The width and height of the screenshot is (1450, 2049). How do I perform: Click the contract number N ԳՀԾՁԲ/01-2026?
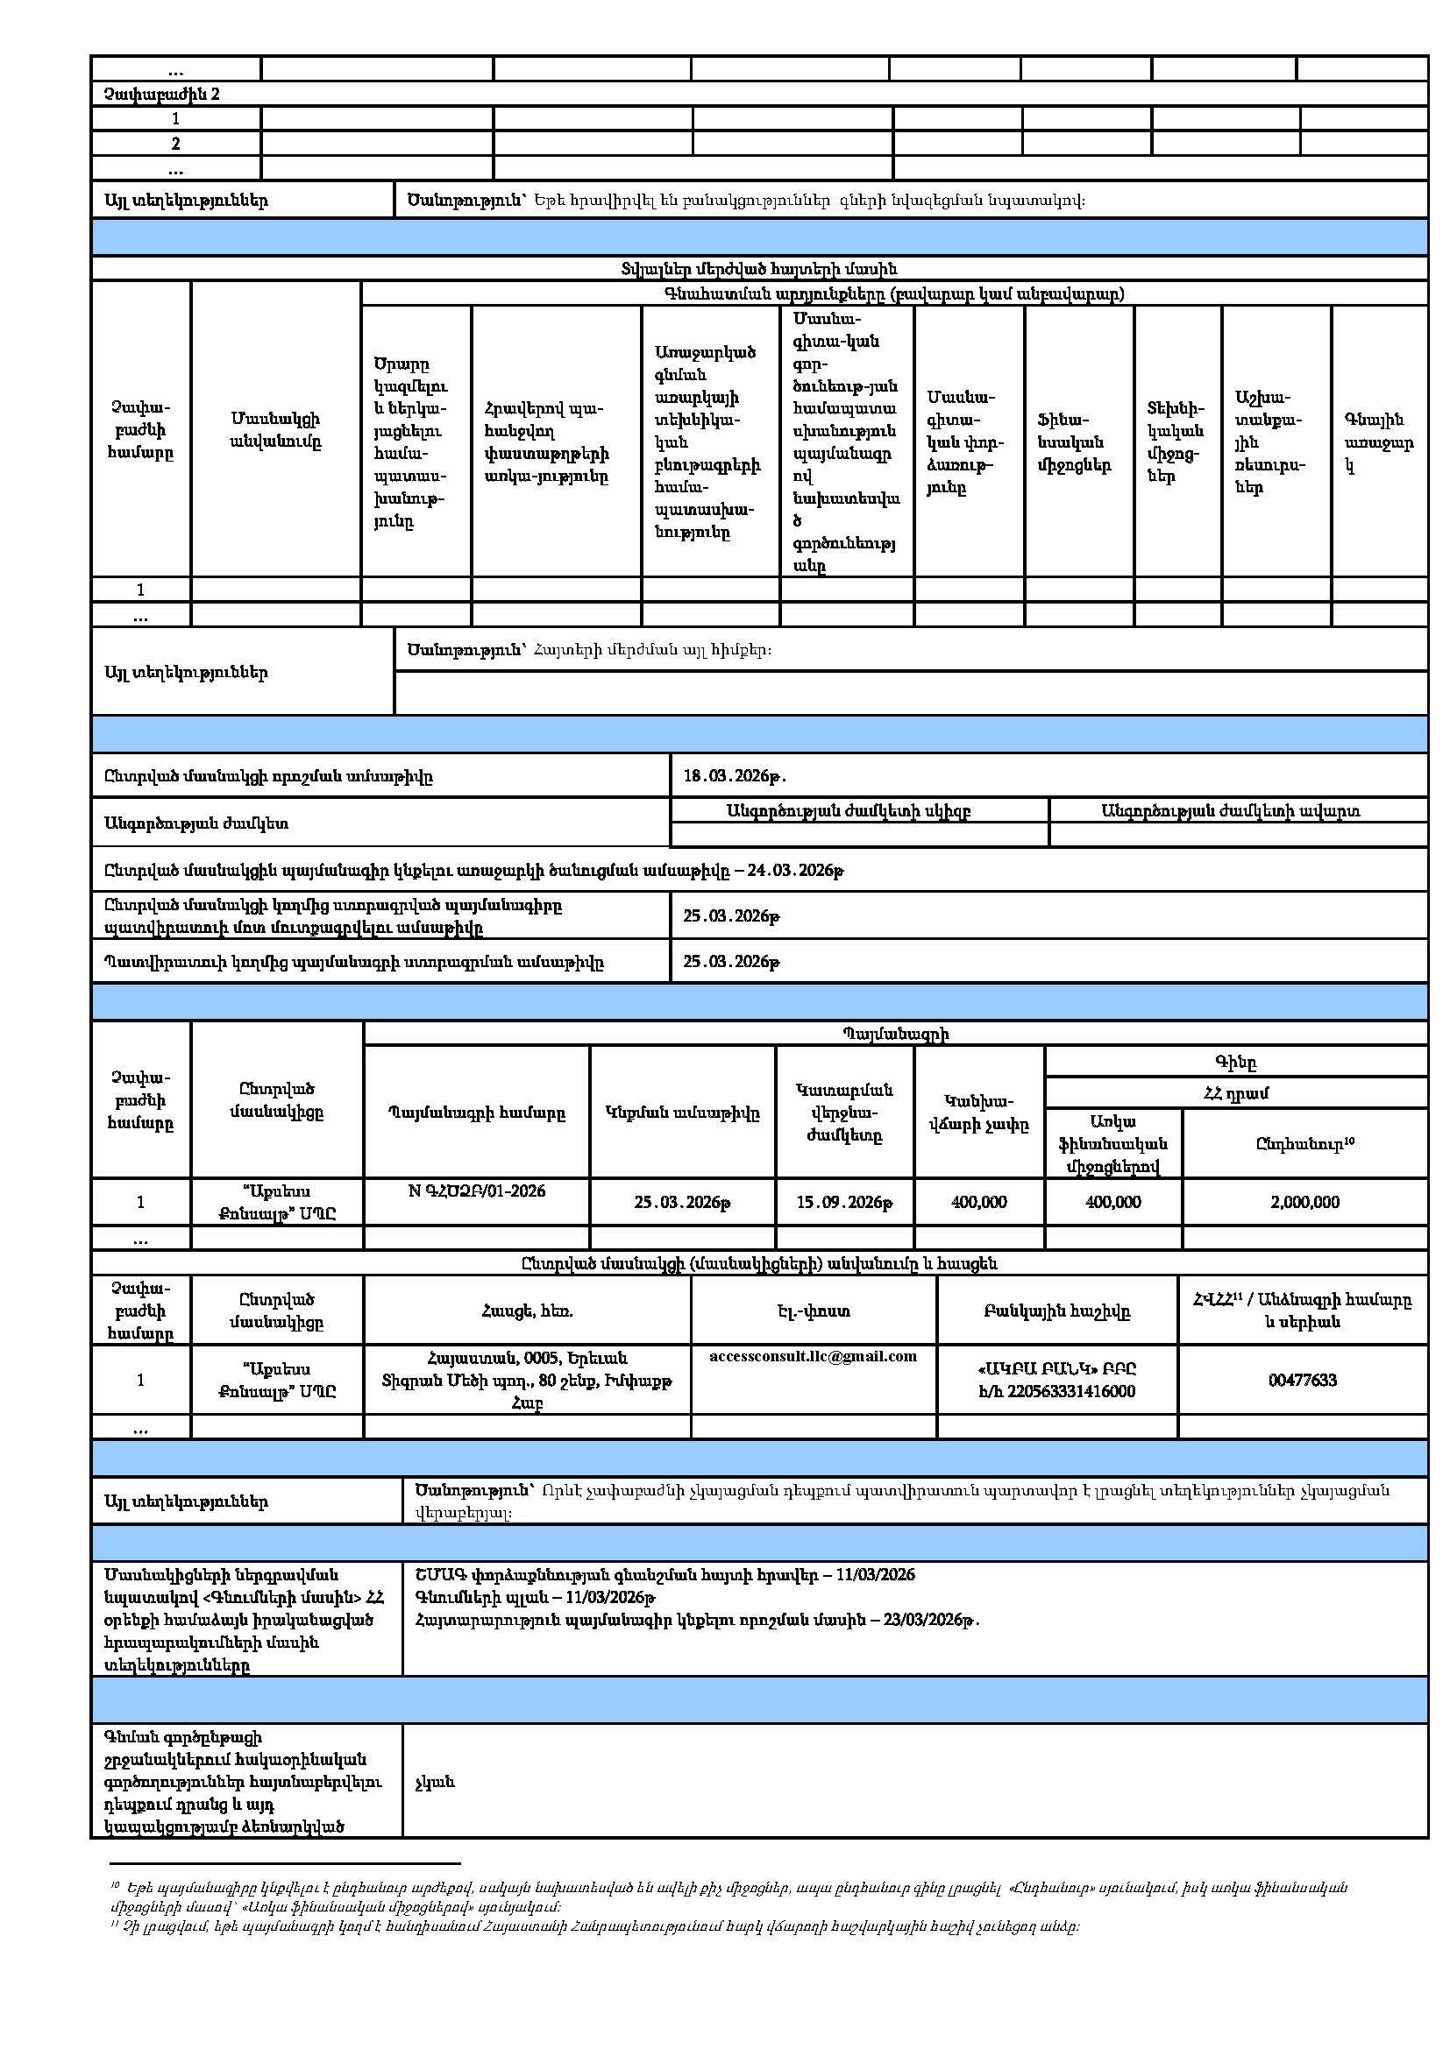pyautogui.click(x=477, y=1191)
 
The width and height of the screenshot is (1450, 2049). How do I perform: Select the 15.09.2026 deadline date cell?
pyautogui.click(x=843, y=1202)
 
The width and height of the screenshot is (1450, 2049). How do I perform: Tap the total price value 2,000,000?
pyautogui.click(x=1304, y=1202)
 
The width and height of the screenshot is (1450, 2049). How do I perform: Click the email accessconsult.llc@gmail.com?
pyautogui.click(x=813, y=1356)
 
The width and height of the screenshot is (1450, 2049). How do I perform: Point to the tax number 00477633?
pyautogui.click(x=1302, y=1381)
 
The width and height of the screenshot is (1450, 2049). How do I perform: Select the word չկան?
pyautogui.click(x=435, y=1782)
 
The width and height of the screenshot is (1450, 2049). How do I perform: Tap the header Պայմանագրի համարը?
pyautogui.click(x=477, y=1113)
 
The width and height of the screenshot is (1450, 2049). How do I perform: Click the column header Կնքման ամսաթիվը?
pyautogui.click(x=682, y=1113)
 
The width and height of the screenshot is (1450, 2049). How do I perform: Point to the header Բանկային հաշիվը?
pyautogui.click(x=1057, y=1311)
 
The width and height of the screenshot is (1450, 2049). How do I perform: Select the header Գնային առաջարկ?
pyautogui.click(x=1378, y=442)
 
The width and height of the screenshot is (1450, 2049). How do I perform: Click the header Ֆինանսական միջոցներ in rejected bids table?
pyautogui.click(x=1073, y=442)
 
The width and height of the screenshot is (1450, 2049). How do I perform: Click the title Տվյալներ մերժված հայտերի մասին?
pyautogui.click(x=759, y=269)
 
